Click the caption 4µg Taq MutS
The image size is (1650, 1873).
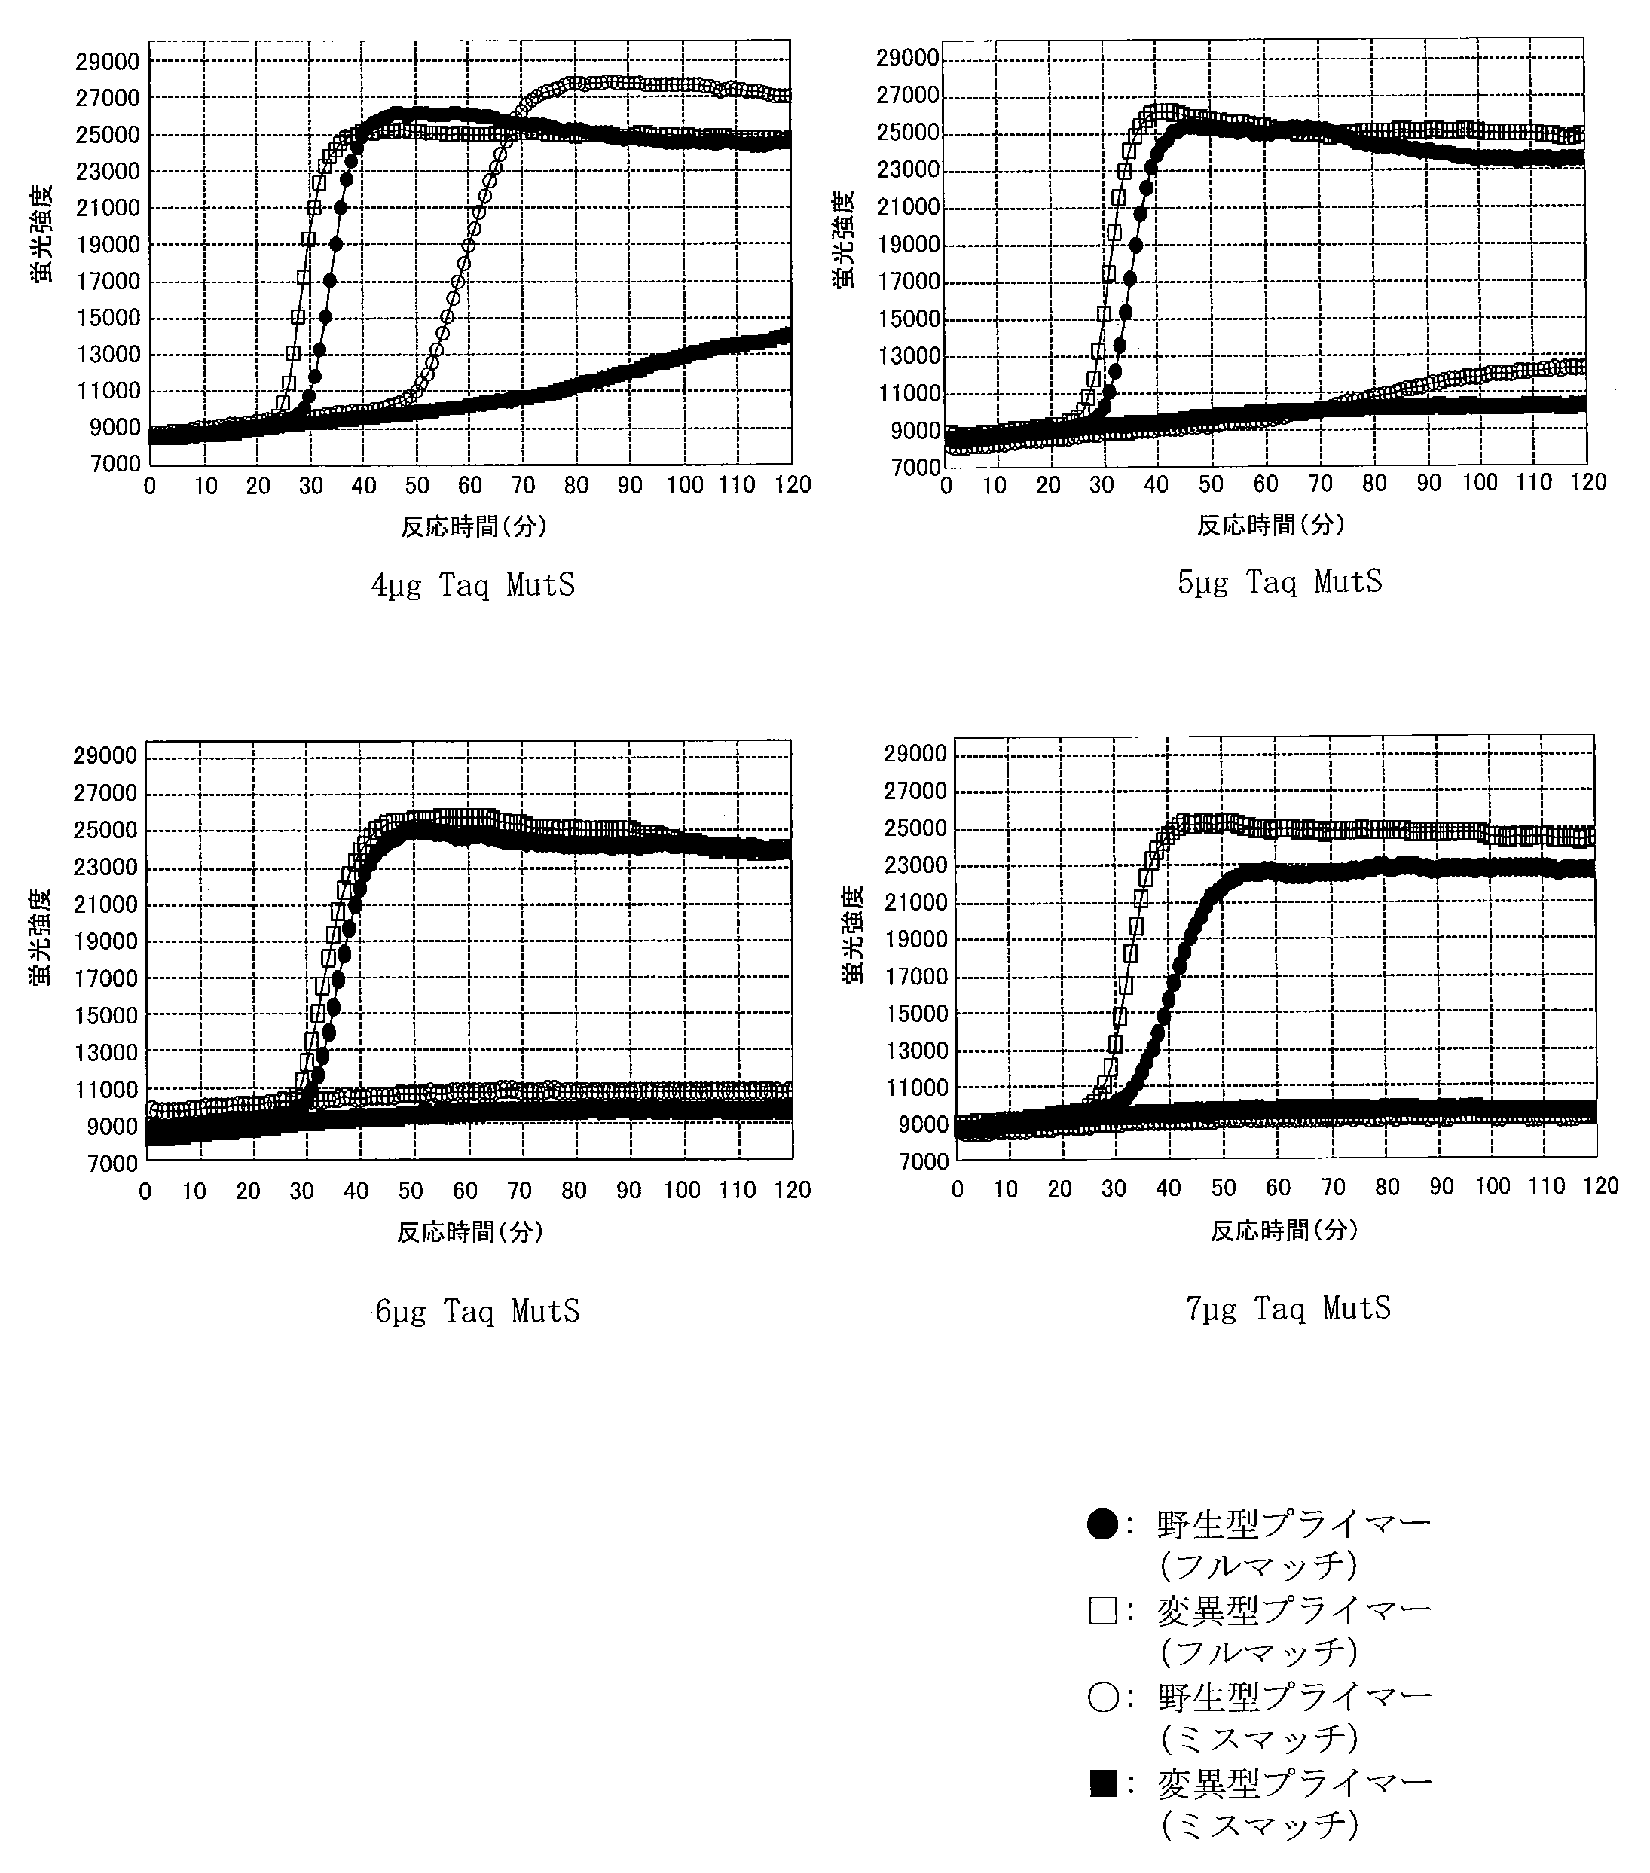pos(473,585)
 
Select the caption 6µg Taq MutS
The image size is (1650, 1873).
pos(478,1311)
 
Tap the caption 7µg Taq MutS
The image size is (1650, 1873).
pos(1288,1307)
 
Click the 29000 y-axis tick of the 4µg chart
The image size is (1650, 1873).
pos(107,62)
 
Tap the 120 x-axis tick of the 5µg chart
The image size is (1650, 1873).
pos(1587,483)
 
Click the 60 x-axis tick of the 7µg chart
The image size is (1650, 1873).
pos(1278,1188)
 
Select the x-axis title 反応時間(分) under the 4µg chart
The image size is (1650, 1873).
pos(474,526)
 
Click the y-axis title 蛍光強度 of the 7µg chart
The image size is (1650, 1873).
pos(854,935)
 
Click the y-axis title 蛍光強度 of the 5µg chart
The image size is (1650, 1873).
pos(843,240)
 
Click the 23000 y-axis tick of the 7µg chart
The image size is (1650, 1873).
pos(915,865)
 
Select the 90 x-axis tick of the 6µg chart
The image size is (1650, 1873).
pos(628,1191)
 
